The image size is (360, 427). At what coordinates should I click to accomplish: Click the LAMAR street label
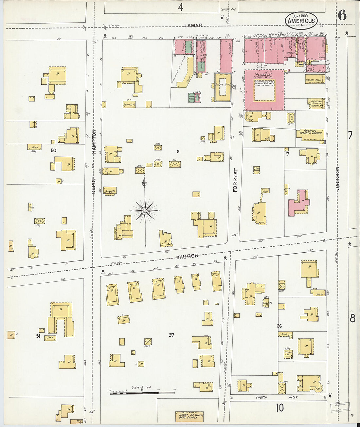[193, 26]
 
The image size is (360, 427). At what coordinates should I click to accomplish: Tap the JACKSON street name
[338, 178]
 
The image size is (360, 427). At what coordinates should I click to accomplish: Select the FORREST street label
[235, 180]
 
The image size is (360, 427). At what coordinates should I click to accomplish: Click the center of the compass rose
[145, 211]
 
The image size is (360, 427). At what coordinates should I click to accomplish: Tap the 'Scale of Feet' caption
[142, 387]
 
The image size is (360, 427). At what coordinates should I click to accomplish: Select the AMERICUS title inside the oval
[301, 21]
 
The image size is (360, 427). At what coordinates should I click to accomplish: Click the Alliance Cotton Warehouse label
[264, 76]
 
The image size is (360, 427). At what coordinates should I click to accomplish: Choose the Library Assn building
[315, 80]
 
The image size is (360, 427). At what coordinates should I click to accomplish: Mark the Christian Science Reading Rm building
[316, 103]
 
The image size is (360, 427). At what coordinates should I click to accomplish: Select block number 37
[171, 335]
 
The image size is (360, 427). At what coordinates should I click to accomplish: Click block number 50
[53, 151]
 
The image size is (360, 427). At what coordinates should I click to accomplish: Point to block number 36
[279, 326]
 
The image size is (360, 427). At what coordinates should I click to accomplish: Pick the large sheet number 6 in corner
[342, 15]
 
